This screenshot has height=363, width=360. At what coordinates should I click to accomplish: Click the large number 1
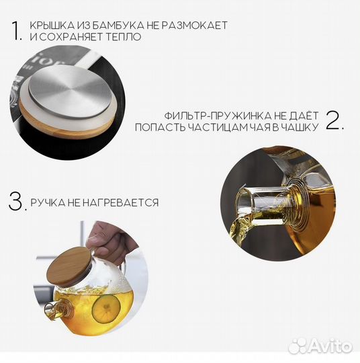pyautogui.click(x=16, y=30)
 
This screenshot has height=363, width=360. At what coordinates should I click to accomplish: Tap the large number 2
pyautogui.click(x=332, y=120)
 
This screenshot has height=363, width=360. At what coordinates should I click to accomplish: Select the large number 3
pyautogui.click(x=15, y=202)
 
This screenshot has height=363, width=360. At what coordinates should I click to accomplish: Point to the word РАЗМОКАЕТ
pyautogui.click(x=194, y=26)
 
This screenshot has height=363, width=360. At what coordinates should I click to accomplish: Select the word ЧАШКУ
pyautogui.click(x=301, y=127)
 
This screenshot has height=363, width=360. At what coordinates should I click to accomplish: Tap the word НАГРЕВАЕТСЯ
pyautogui.click(x=120, y=203)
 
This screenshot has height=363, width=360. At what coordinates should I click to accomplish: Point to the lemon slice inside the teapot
pyautogui.click(x=107, y=309)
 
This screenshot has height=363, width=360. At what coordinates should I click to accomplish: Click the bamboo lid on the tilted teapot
pyautogui.click(x=70, y=267)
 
